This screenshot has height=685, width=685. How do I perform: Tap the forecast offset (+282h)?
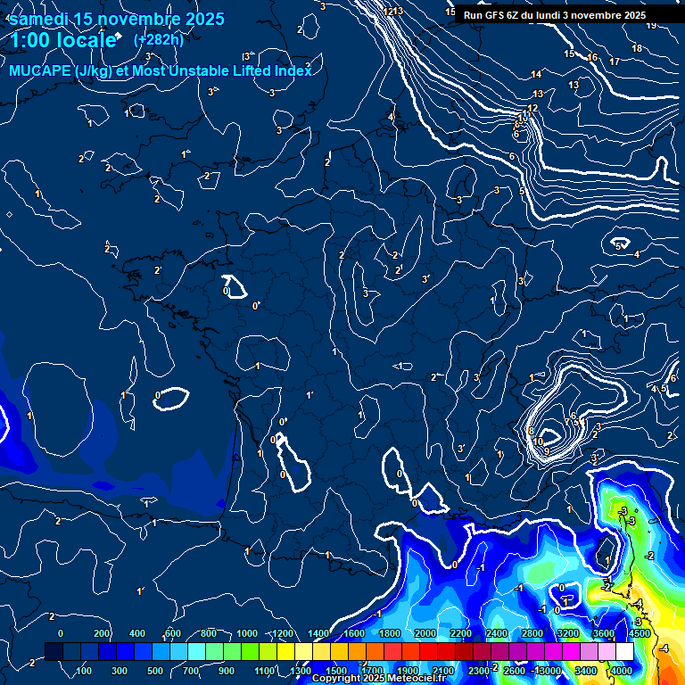click(x=158, y=39)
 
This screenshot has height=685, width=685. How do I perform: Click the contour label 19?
click(x=651, y=25)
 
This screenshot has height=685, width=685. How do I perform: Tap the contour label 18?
click(x=637, y=48)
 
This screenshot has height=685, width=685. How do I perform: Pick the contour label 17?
click(x=615, y=62)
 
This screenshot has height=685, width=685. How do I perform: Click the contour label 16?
click(x=592, y=57)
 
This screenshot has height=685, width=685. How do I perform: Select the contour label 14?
click(x=536, y=74)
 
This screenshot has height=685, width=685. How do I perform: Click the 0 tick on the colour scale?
click(x=61, y=633)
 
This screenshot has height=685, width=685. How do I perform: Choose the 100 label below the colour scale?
click(x=84, y=671)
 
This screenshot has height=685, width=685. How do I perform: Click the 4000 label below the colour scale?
click(x=623, y=671)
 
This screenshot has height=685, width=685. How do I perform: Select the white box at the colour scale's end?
click(x=624, y=652)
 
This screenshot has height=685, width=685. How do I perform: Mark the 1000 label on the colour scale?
click(x=246, y=633)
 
